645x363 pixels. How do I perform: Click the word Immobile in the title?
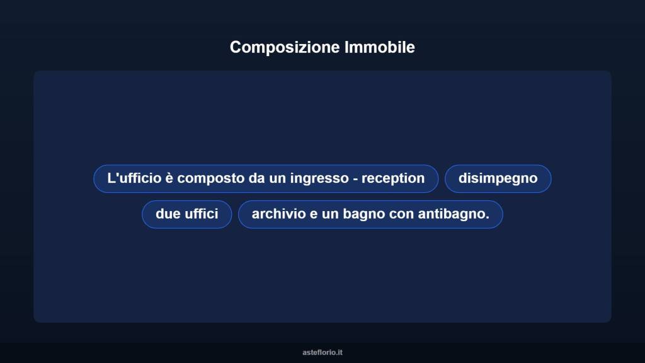coord(380,47)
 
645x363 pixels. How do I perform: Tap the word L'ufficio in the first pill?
coord(134,178)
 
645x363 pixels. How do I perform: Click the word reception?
coord(394,179)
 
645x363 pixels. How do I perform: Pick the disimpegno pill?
coord(498,178)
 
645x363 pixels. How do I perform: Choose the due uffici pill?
coord(186,214)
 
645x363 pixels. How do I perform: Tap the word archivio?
coord(278,214)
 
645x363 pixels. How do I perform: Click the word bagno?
coord(364,215)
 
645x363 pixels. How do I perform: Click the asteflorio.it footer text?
coord(322,352)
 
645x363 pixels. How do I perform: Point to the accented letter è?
coord(169,178)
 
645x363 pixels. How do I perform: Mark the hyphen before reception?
coord(356,179)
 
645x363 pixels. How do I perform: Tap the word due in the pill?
coord(168,214)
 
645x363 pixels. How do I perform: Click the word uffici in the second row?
coord(201,214)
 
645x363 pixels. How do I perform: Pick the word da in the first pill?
coord(257,178)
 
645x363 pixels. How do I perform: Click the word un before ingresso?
coord(278,178)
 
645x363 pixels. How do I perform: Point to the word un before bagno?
coord(330,214)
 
